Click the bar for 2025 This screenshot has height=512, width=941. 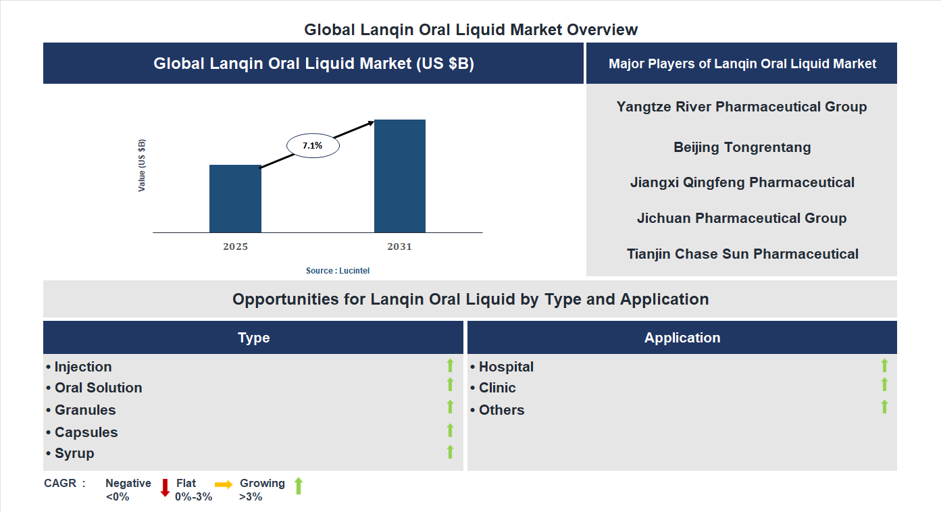(x=235, y=199)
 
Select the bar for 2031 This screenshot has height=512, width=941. (x=400, y=176)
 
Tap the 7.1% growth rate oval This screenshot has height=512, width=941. (x=313, y=145)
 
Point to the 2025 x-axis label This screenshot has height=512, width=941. (x=235, y=247)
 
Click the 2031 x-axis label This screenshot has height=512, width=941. (x=399, y=247)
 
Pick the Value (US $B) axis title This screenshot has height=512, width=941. (x=142, y=165)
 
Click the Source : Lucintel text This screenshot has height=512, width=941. (x=338, y=271)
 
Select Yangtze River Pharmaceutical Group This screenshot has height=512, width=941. (x=742, y=107)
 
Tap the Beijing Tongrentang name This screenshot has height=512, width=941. (x=742, y=147)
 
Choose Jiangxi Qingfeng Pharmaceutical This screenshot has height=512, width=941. (x=742, y=182)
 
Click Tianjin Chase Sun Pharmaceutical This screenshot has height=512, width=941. (x=742, y=254)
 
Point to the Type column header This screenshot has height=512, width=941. (x=253, y=338)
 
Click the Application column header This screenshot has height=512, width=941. (x=682, y=338)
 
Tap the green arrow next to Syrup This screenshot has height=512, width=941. (x=450, y=452)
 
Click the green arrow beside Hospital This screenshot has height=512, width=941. (x=884, y=365)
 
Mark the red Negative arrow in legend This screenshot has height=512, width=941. (x=165, y=487)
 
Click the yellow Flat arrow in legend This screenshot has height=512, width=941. (x=224, y=484)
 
